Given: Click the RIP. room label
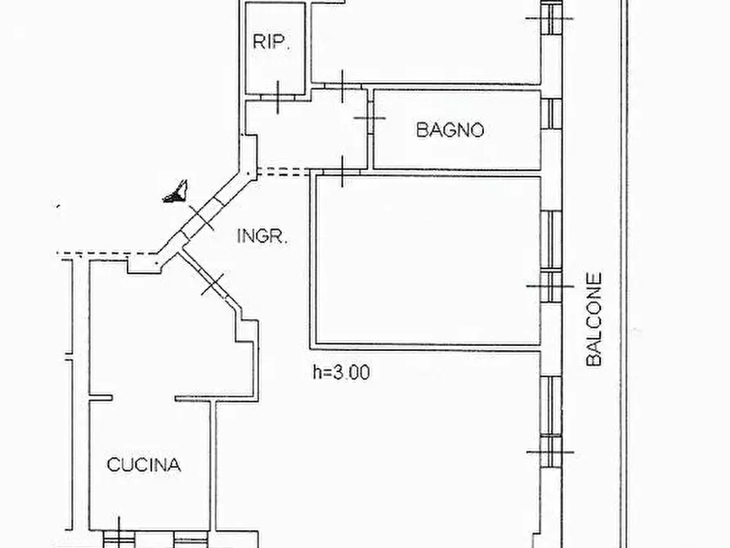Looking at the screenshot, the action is [x=271, y=42].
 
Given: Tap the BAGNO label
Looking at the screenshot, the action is [x=450, y=129].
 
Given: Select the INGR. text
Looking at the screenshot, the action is [x=262, y=236].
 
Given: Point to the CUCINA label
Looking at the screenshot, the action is [x=144, y=465].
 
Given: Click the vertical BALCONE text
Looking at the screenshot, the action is [x=594, y=320].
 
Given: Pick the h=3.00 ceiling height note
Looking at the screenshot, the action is [x=342, y=372].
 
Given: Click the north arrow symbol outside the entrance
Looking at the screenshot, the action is [x=176, y=191].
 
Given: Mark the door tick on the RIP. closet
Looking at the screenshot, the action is [x=278, y=97].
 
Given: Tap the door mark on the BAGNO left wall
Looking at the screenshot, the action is [x=369, y=118].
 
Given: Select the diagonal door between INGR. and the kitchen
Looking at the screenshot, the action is [x=213, y=283].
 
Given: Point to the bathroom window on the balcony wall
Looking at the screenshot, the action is [x=552, y=114].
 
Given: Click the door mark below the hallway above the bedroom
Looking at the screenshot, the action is [x=343, y=172].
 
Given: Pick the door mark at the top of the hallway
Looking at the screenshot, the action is [x=343, y=87].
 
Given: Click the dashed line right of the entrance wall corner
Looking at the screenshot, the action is [x=283, y=172].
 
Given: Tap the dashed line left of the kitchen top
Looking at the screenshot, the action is [x=106, y=254].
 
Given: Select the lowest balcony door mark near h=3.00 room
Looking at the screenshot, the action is [x=551, y=451].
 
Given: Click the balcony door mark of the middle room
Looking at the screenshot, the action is [x=551, y=286].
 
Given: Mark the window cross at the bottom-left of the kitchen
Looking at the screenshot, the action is [x=119, y=536].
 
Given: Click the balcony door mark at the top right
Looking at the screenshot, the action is [x=550, y=19].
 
